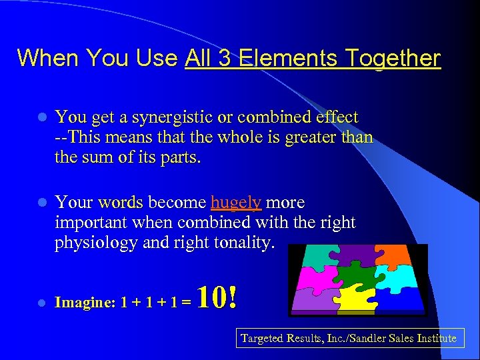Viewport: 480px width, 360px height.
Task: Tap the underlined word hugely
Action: coord(236,202)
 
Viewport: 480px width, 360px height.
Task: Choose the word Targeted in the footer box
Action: coord(262,339)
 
